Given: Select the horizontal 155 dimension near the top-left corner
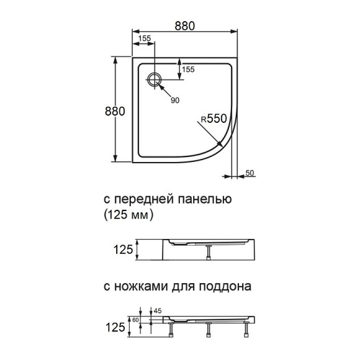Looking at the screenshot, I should [x=145, y=38].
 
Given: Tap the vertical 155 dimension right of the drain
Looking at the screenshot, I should [x=189, y=70].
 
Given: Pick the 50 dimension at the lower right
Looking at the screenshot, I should [x=250, y=173].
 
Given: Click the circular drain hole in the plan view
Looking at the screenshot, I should [x=155, y=79].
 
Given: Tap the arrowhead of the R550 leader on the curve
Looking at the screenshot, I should [x=222, y=145].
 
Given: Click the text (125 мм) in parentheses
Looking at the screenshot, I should [x=125, y=216].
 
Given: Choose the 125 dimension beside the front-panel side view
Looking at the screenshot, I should [x=124, y=250].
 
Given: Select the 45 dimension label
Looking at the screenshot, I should [x=157, y=310].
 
